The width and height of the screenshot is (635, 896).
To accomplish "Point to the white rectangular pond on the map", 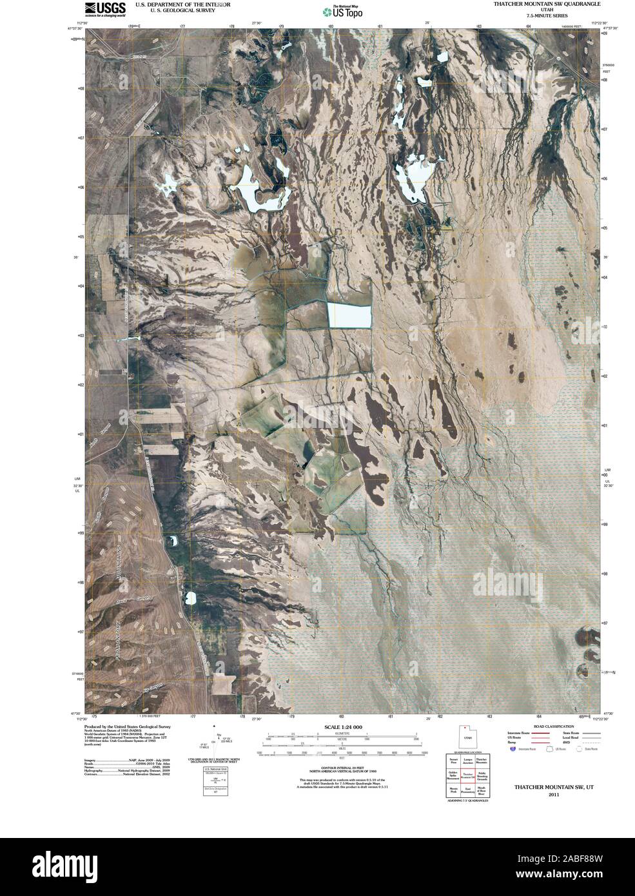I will click(350, 315).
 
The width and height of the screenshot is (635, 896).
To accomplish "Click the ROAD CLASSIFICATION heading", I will click(540, 726).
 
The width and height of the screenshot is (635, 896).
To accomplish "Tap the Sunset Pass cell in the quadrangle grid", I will click(453, 762).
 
